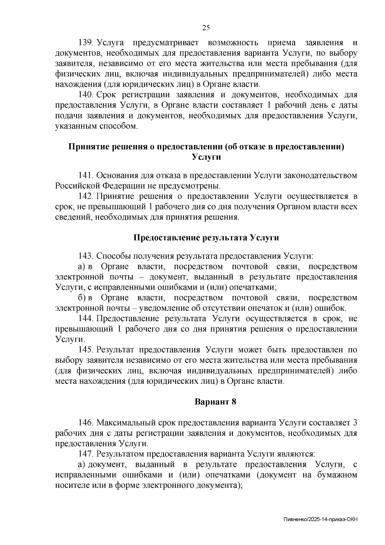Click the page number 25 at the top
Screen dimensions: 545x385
pyautogui.click(x=206, y=28)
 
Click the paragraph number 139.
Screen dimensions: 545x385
pyautogui.click(x=86, y=43)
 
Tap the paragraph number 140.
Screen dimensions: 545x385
pyautogui.click(x=86, y=95)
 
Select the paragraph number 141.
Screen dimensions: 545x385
pyautogui.click(x=86, y=175)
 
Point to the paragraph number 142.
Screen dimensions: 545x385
pyautogui.click(x=86, y=196)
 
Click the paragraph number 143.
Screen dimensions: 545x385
pyautogui.click(x=86, y=256)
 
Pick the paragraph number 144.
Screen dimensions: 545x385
pyautogui.click(x=86, y=318)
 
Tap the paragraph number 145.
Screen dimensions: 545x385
pyautogui.click(x=86, y=349)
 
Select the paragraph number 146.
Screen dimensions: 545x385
pyautogui.click(x=86, y=422)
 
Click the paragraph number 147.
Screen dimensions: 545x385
pyautogui.click(x=86, y=454)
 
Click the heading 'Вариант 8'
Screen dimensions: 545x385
pyautogui.click(x=216, y=402)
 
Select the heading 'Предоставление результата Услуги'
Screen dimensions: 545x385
pyautogui.click(x=206, y=238)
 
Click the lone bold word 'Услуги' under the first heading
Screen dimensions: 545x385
pyautogui.click(x=206, y=157)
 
